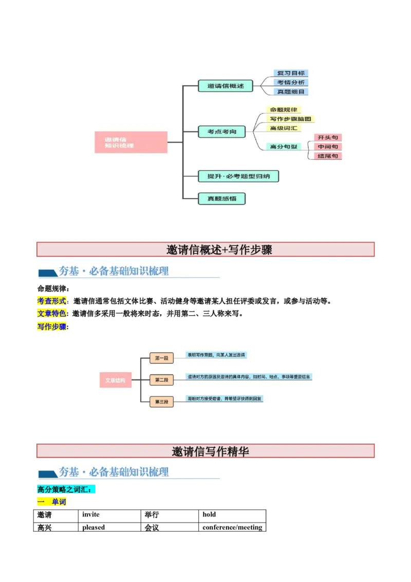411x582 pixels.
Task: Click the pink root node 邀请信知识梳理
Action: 131,142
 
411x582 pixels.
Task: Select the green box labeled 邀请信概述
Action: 226,86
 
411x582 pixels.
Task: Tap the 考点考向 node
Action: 222,132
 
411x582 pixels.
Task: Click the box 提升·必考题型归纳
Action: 238,176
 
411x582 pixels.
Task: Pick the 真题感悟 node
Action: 221,198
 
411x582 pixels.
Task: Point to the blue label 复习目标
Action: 291,73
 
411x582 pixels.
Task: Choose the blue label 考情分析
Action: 291,82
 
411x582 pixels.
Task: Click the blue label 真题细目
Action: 291,92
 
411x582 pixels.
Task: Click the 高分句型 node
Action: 284,147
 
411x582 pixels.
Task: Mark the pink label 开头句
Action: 327,137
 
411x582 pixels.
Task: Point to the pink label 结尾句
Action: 327,156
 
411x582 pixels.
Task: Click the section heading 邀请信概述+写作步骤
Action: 219,250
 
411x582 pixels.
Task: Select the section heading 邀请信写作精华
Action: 211,451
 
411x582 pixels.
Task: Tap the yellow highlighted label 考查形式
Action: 51,301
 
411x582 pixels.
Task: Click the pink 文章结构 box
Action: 115,380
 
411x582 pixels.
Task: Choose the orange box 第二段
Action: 161,380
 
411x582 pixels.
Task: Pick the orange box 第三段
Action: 161,402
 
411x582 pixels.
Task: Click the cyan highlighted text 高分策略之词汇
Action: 67,489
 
